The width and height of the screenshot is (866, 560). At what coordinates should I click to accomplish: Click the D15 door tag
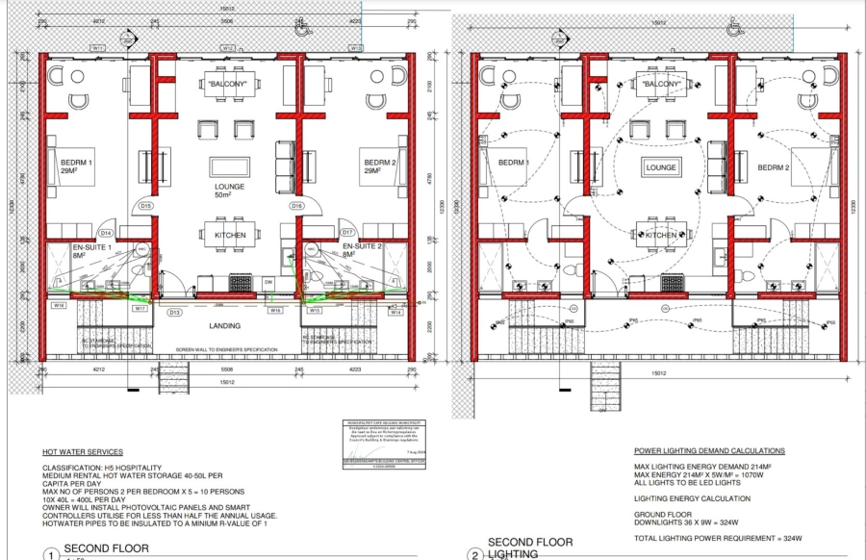(146, 206)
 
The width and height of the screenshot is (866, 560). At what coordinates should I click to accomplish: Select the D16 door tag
(297, 206)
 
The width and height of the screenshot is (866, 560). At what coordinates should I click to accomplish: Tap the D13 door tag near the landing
(175, 313)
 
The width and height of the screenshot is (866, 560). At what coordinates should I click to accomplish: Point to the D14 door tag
(106, 234)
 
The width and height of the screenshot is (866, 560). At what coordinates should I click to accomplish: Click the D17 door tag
(347, 234)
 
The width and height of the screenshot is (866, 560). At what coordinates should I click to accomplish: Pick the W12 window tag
(228, 48)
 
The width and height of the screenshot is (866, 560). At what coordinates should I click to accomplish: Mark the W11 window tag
(98, 48)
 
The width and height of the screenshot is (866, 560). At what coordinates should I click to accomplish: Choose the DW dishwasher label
(268, 282)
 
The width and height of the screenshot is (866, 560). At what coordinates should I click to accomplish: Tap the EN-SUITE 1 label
(92, 247)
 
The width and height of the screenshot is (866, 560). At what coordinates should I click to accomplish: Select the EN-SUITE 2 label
(363, 247)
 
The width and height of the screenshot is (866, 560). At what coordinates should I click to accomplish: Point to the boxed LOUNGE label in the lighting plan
(662, 167)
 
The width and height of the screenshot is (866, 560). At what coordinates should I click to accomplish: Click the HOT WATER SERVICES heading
(82, 451)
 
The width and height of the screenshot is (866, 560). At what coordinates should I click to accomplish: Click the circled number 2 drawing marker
(473, 554)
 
